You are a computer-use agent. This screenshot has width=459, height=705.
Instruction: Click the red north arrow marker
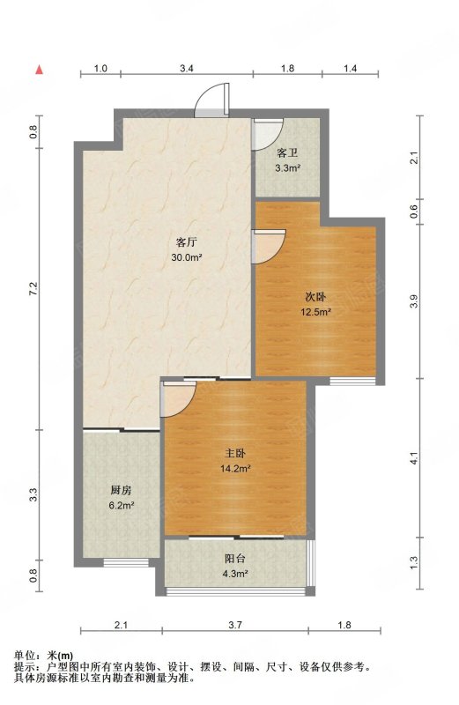(x=40, y=70)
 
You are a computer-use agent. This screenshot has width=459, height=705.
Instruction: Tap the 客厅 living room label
(x=186, y=243)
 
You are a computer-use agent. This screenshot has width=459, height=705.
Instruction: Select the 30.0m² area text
(x=186, y=257)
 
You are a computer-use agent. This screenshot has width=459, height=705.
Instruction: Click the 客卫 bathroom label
(x=287, y=152)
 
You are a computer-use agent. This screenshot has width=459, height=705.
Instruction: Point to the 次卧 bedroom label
(x=315, y=297)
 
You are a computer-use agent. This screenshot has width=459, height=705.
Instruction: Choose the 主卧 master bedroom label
(x=235, y=454)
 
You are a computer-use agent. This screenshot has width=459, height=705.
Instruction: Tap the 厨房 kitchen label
(x=121, y=490)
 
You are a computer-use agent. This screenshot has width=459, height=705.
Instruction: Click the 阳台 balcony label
(x=235, y=559)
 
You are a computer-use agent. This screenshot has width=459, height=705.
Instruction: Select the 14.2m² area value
(x=235, y=469)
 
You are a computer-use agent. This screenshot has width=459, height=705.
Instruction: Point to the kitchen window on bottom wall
(x=126, y=562)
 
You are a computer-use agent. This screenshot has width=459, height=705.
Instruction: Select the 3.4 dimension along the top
(x=187, y=69)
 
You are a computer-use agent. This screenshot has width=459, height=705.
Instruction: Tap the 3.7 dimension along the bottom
(x=235, y=625)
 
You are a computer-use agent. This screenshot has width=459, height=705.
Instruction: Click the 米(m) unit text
(x=59, y=656)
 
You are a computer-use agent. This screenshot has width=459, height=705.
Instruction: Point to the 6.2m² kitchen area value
(x=122, y=505)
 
